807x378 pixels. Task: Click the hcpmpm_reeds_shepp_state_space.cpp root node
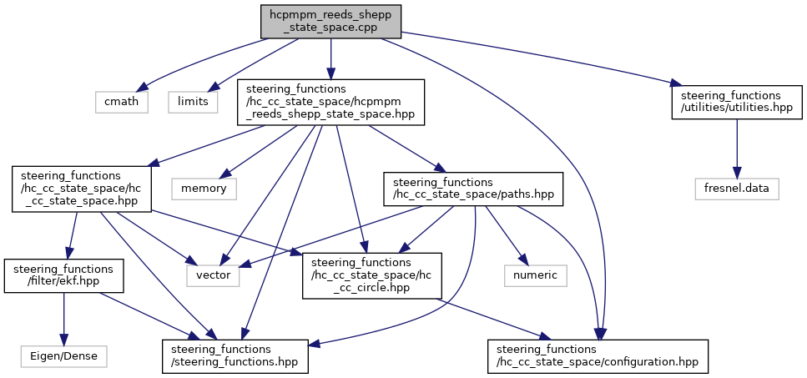330,22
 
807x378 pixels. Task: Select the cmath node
122,101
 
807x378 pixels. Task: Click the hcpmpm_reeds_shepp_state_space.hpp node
330,102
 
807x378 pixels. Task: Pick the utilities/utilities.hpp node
737,102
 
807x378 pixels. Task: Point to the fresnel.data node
737,189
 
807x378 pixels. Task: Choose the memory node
204,189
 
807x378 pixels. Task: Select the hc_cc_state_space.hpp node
81,189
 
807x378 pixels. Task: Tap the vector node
213,275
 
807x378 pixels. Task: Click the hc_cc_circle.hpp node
372,275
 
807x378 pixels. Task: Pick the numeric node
533,275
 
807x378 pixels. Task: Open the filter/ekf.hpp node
63,275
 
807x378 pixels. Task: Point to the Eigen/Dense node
63,355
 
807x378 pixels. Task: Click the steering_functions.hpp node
235,355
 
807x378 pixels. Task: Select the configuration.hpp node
598,355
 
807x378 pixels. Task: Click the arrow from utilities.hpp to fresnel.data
737,149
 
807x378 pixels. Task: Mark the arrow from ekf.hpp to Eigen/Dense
63,319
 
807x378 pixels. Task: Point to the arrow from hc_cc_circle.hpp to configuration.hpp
493,319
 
